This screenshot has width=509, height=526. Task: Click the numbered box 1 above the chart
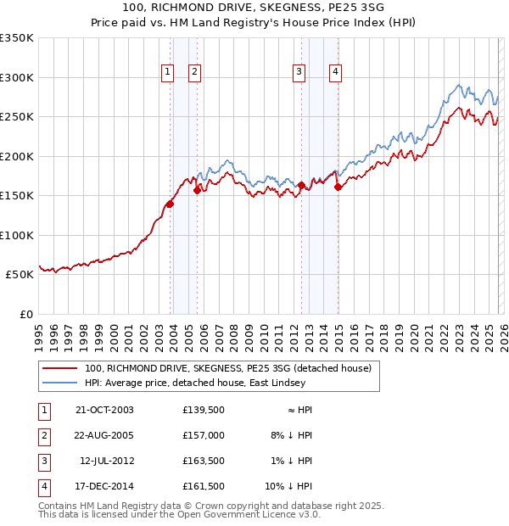point(167,73)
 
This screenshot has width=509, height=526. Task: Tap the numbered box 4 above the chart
point(336,73)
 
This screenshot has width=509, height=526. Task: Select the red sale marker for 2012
point(301,184)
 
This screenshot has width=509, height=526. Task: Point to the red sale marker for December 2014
point(338,187)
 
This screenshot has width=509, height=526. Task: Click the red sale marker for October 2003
point(170,204)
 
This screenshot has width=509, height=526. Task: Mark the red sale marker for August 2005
point(197,190)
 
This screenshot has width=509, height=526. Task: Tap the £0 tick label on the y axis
point(25,314)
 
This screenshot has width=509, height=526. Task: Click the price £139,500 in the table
point(204,410)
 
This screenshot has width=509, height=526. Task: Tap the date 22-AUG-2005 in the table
point(104,435)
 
